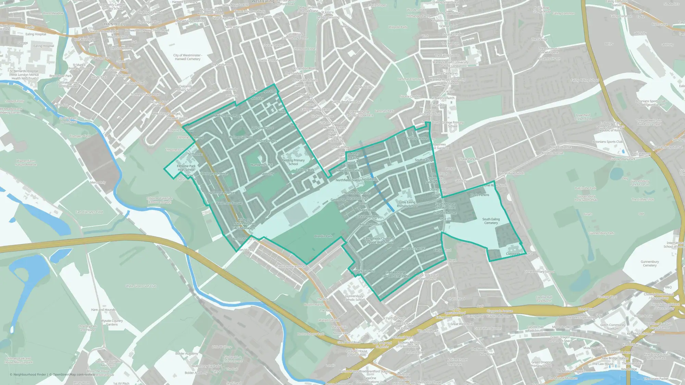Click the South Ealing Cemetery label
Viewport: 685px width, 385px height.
click(x=491, y=221)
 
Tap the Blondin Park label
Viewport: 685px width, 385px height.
click(x=323, y=236)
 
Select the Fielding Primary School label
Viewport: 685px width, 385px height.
click(x=293, y=162)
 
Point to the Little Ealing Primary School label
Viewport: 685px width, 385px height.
click(x=407, y=204)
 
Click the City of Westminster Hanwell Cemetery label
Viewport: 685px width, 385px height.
click(x=188, y=57)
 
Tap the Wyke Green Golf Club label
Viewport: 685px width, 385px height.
click(x=141, y=286)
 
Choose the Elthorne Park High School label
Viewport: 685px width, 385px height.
click(x=186, y=168)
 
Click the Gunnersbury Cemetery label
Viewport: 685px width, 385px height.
click(x=649, y=264)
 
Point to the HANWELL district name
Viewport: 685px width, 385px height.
click(x=115, y=24)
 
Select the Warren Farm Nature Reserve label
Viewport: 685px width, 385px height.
click(x=26, y=163)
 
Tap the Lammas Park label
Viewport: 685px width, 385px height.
click(x=384, y=111)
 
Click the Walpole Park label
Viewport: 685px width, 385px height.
click(x=398, y=27)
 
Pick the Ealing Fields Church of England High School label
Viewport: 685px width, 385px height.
click(x=379, y=240)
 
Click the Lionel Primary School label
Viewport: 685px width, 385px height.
click(x=539, y=272)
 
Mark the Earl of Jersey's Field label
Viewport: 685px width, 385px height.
click(x=89, y=212)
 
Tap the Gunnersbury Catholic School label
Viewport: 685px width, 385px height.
click(x=354, y=298)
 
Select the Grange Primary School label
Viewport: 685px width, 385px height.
click(x=452, y=124)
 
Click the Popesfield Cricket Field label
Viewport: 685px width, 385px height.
click(x=583, y=117)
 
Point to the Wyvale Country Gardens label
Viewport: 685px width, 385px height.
click(x=112, y=323)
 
